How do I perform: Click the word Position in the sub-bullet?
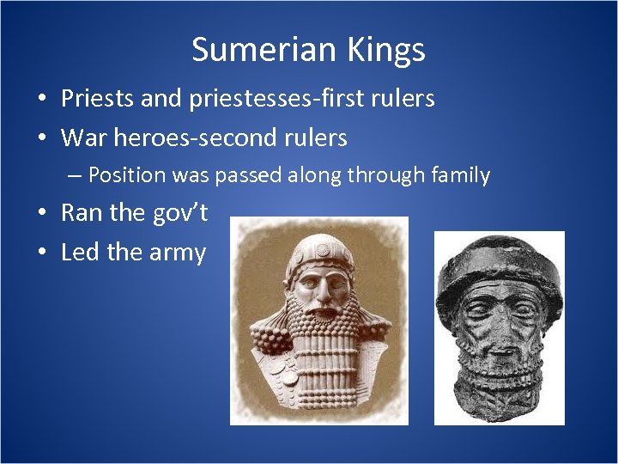pyautogui.click(x=126, y=175)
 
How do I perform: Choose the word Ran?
pyautogui.click(x=80, y=213)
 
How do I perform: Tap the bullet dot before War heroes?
pyautogui.click(x=42, y=137)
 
